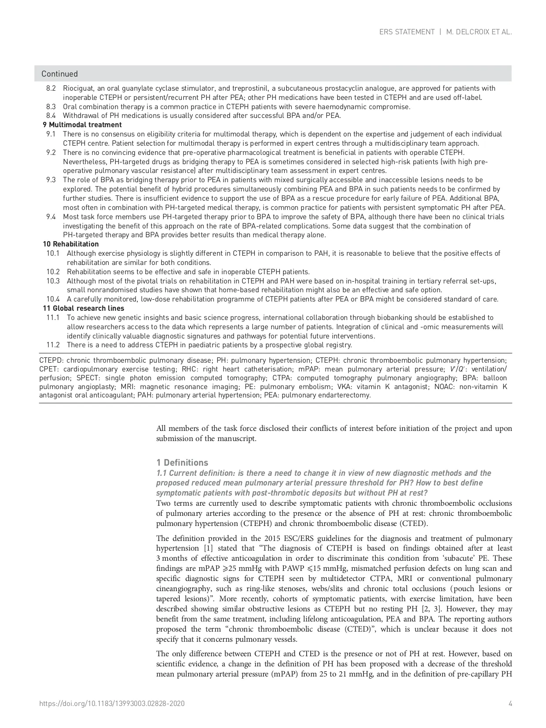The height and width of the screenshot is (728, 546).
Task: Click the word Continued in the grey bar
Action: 59,74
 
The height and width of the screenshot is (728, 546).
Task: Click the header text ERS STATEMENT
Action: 407,32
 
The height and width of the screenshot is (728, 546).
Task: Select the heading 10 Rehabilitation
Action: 70,244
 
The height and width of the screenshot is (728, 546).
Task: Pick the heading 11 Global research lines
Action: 83,309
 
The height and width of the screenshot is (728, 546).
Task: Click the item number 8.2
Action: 51,88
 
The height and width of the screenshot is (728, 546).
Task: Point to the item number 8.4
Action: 51,116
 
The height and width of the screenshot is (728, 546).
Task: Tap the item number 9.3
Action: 51,180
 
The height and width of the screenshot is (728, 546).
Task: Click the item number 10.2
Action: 53,272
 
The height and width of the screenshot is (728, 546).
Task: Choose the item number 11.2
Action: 53,345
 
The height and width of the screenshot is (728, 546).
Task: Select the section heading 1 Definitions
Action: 182,463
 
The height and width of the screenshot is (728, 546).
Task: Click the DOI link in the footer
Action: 112,704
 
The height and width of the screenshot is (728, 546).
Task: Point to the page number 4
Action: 510,704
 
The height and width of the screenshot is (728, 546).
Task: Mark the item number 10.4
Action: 53,299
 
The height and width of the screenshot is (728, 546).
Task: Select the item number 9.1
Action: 51,134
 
